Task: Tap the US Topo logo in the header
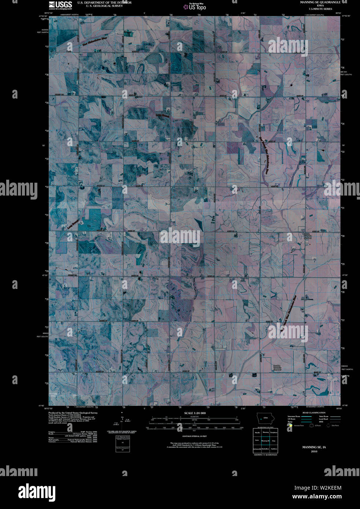[x=197, y=6]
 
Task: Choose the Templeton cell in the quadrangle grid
[x=274, y=433]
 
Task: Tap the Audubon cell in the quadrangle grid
[x=274, y=449]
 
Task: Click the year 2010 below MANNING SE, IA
[x=314, y=452]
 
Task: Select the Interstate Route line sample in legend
[x=306, y=417]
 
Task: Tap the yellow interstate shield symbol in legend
[x=290, y=426]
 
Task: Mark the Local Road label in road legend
[x=323, y=419]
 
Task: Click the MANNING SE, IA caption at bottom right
[x=314, y=447]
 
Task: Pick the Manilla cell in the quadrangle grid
[x=257, y=433]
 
